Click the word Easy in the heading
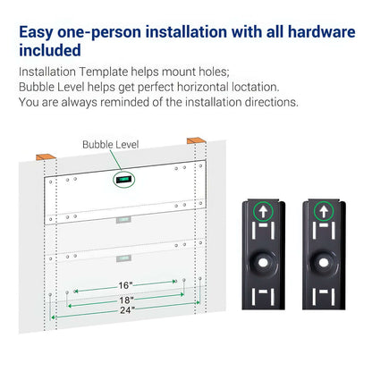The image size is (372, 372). (x=38, y=34)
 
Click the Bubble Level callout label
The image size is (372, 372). (x=110, y=144)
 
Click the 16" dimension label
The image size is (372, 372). (x=124, y=285)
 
